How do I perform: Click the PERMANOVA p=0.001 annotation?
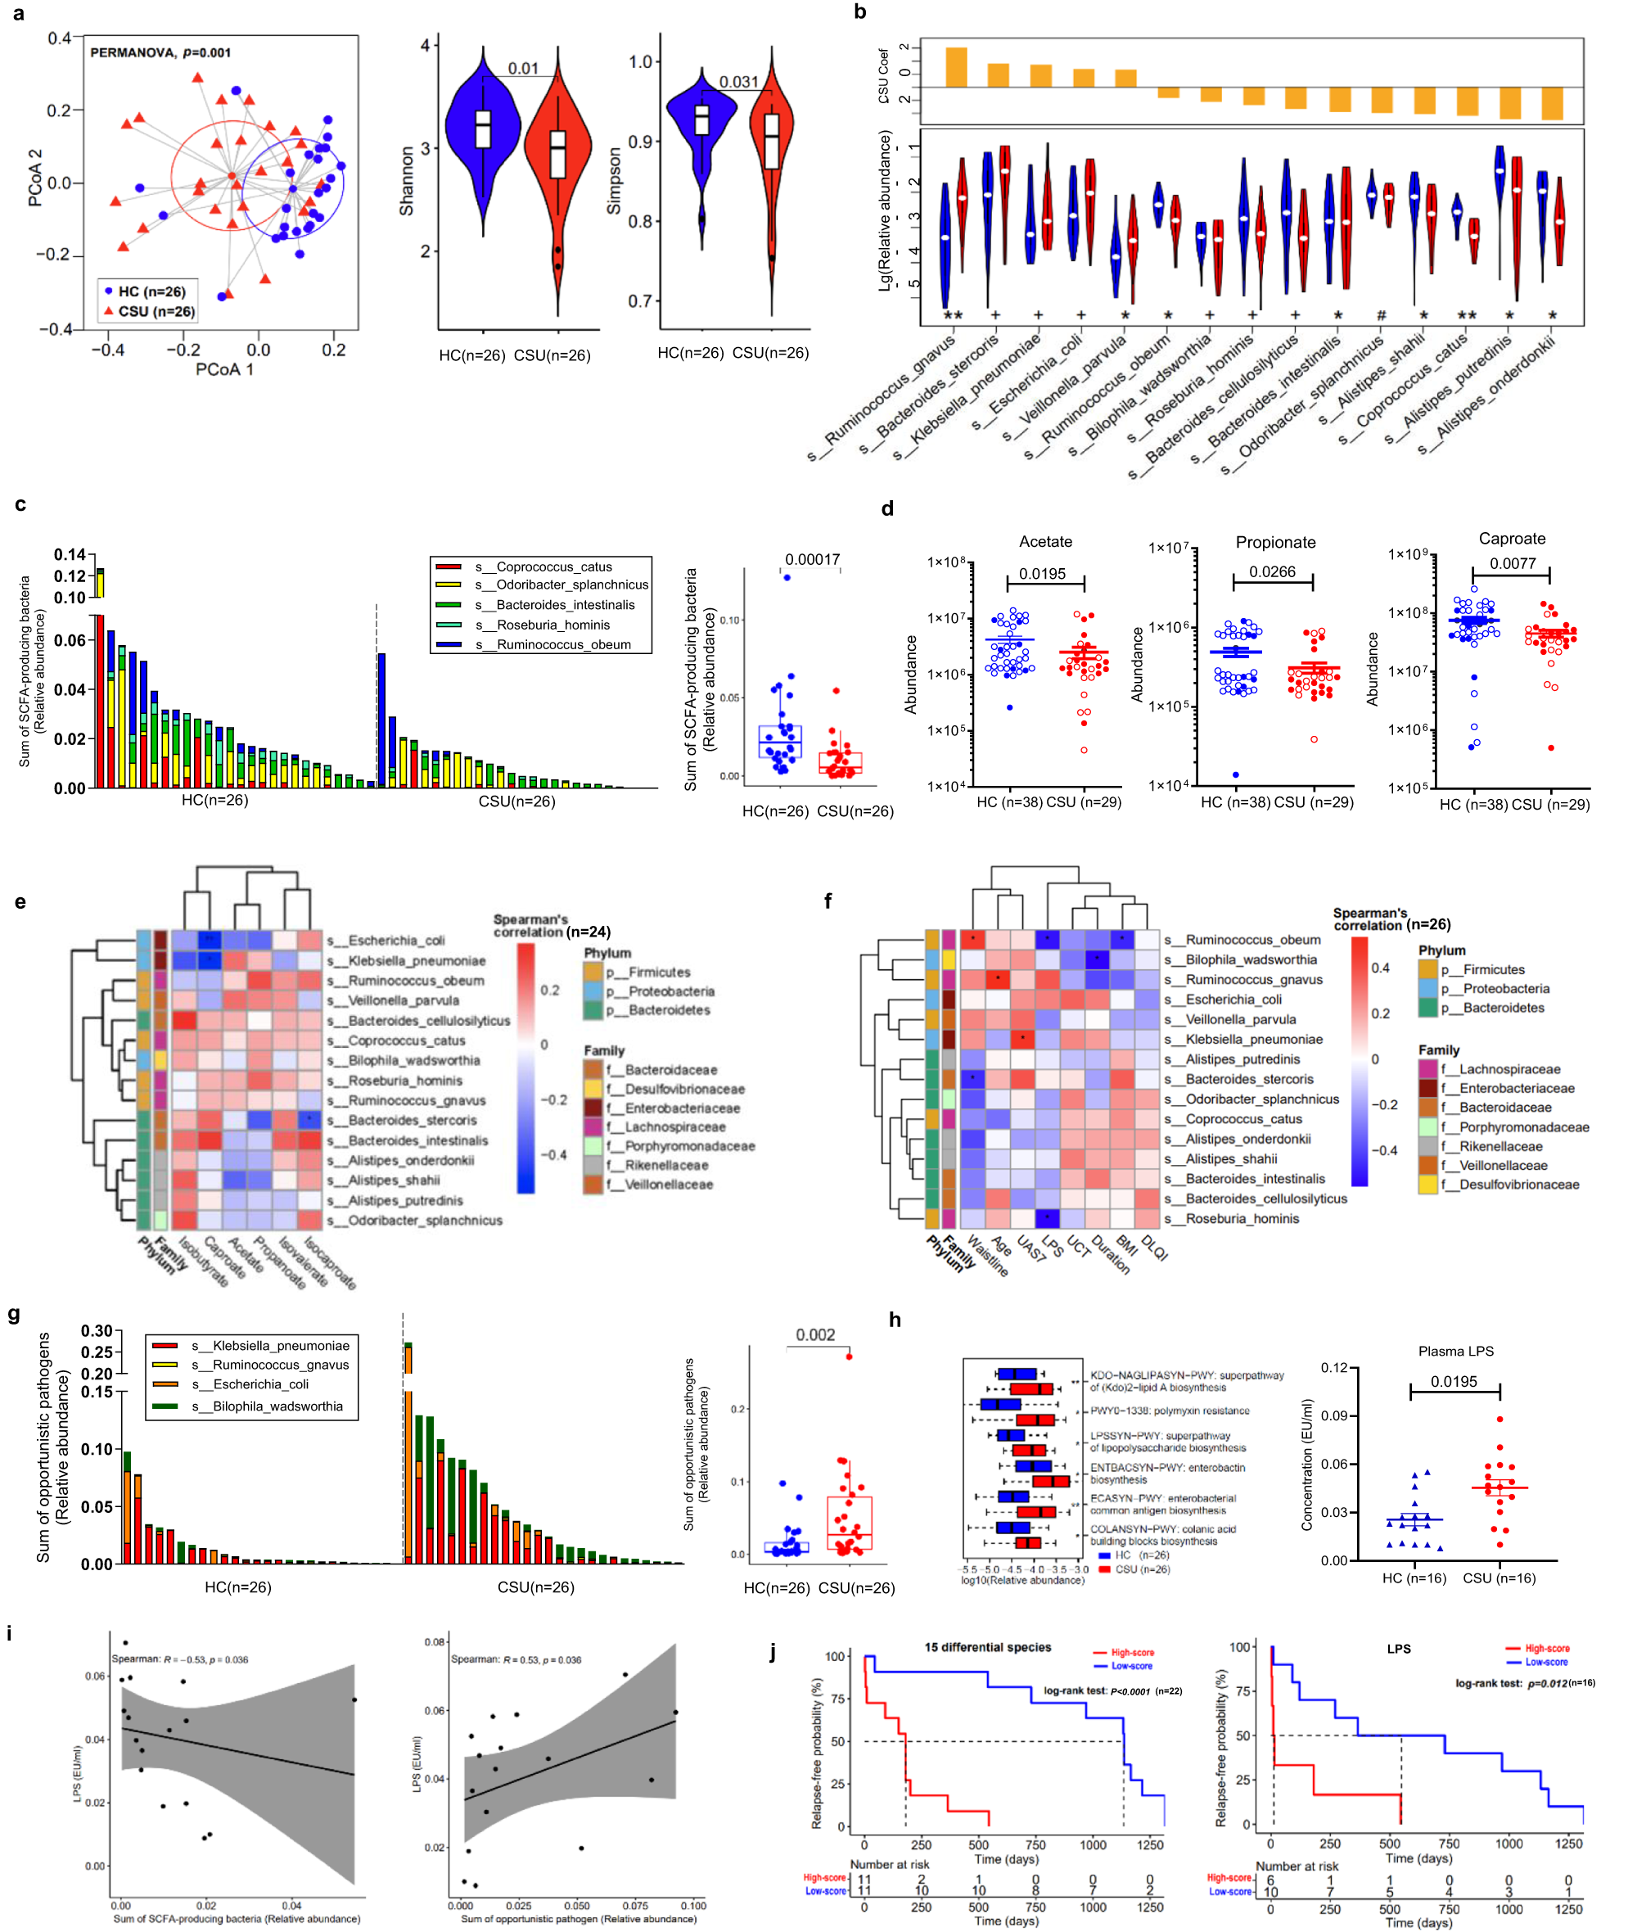[160, 53]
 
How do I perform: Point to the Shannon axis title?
[405, 181]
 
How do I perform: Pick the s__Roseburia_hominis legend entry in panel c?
[542, 625]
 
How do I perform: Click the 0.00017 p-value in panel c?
[812, 560]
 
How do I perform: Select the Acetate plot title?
[1045, 542]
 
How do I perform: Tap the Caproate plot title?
[1512, 539]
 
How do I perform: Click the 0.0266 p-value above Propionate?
[1271, 571]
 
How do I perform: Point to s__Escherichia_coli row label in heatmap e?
[396, 940]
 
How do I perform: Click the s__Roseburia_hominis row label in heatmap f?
[1242, 1218]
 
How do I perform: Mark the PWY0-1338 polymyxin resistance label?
[1170, 1411]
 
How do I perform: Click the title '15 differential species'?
[987, 1647]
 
